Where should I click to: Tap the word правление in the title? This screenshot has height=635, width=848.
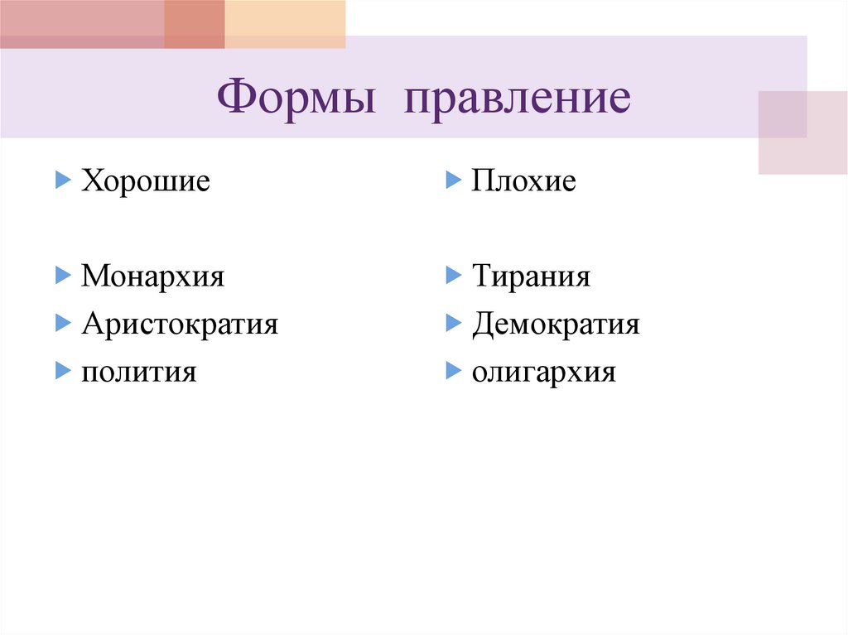click(x=518, y=99)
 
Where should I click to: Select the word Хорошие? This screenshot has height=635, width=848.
click(x=146, y=180)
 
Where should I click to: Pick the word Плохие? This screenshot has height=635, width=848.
click(x=523, y=180)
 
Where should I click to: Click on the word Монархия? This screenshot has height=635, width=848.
click(x=152, y=276)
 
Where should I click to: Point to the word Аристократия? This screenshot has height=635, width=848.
click(x=180, y=324)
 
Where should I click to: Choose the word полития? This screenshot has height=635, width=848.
click(x=138, y=372)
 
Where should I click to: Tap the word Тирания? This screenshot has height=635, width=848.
click(x=531, y=276)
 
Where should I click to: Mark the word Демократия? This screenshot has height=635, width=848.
click(x=556, y=324)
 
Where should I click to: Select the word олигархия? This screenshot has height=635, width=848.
click(x=544, y=372)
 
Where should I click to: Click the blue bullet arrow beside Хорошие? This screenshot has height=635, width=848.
click(x=63, y=179)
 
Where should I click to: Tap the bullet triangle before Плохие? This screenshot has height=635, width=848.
click(x=453, y=179)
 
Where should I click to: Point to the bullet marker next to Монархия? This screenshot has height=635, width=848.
click(x=63, y=274)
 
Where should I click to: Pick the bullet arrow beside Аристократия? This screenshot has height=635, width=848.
click(x=63, y=322)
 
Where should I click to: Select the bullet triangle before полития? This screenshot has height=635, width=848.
click(x=63, y=370)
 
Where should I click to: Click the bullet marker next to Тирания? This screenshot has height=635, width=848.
click(x=453, y=274)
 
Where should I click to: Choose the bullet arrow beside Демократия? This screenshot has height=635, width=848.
click(x=453, y=322)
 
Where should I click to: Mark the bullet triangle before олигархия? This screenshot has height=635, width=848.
click(x=453, y=370)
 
